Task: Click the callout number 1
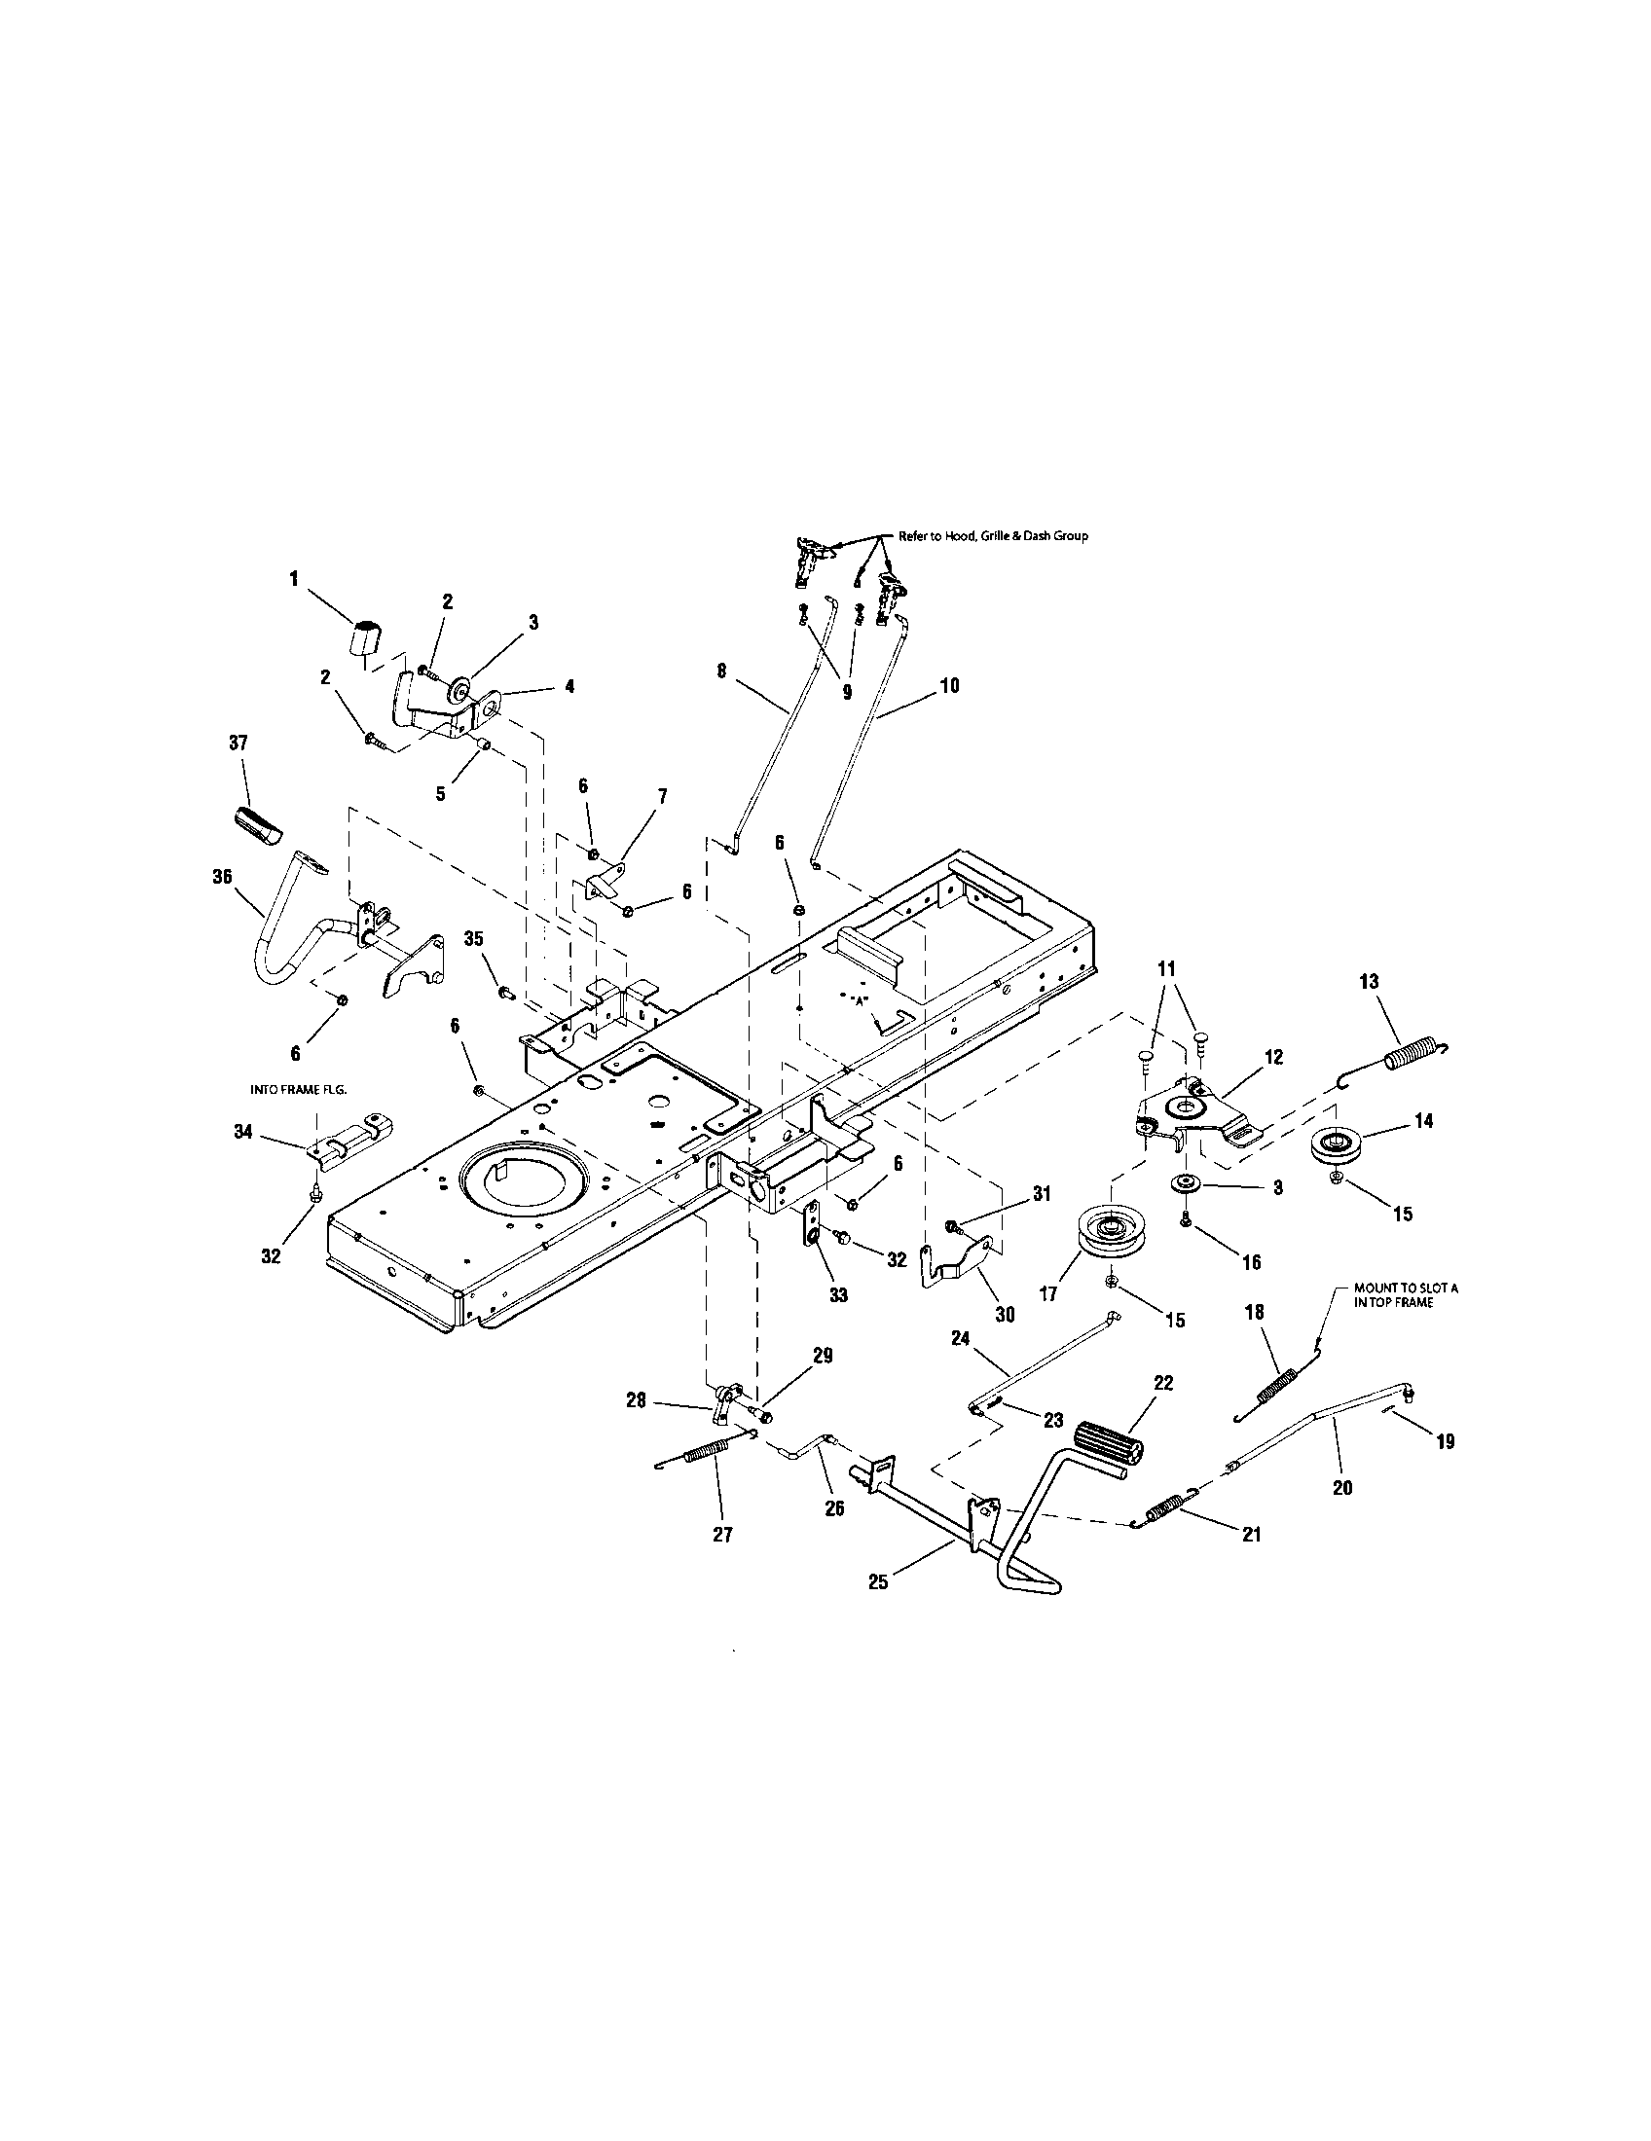pyautogui.click(x=293, y=579)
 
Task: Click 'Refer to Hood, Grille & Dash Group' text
pyautogui.click(x=992, y=536)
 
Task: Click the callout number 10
pyautogui.click(x=949, y=685)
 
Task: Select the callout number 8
pyautogui.click(x=721, y=671)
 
